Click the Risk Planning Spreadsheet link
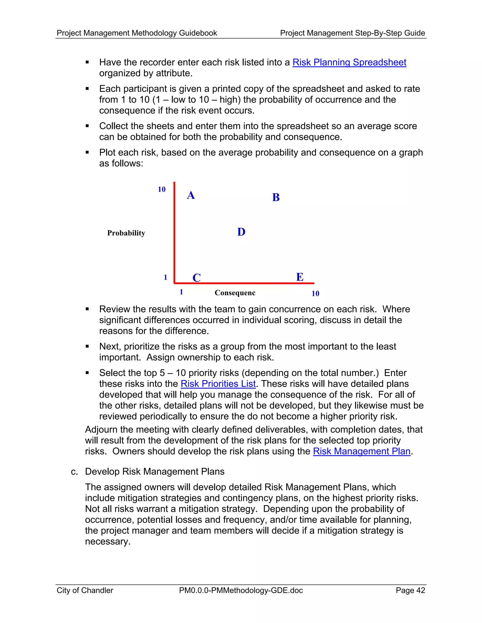tap(349, 63)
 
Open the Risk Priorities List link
tap(218, 384)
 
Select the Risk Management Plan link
tap(361, 452)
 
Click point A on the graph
tap(191, 195)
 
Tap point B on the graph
tap(276, 197)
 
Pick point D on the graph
tap(241, 232)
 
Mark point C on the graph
tap(197, 278)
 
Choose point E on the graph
tap(300, 277)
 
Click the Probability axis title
tap(126, 233)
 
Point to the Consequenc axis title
tap(235, 293)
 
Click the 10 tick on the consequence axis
tap(315, 294)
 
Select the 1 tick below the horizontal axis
tap(181, 292)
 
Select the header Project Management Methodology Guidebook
tap(137, 33)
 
